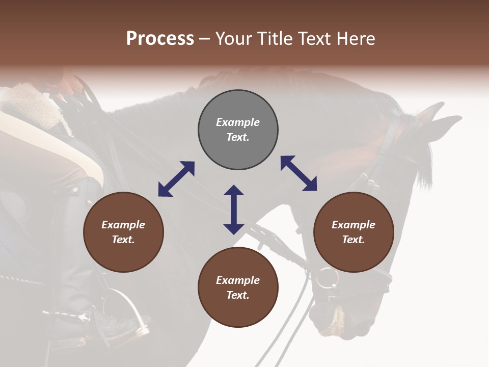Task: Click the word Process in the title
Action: click(160, 39)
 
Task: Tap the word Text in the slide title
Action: click(315, 39)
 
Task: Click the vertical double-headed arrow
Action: click(234, 209)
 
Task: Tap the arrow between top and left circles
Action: click(176, 179)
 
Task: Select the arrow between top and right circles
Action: click(299, 173)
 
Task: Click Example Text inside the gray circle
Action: click(238, 129)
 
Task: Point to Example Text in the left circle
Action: click(123, 232)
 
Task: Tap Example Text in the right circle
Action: click(354, 232)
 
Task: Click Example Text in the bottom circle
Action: click(238, 287)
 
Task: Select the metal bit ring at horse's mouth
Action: click(327, 278)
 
